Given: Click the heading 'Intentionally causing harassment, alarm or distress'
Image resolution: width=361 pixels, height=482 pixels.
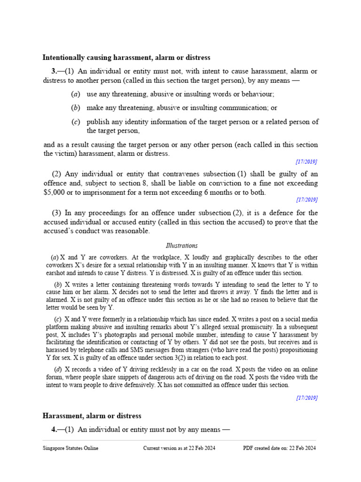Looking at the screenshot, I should point(126,57).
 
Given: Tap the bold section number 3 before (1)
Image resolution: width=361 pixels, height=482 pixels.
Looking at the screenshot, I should point(54,71).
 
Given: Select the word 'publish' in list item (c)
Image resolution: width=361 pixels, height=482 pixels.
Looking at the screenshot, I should point(98,122).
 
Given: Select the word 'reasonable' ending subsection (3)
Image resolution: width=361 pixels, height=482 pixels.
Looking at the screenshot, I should point(133,231).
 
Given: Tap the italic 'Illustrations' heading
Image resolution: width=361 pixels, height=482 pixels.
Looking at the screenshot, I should point(181,246).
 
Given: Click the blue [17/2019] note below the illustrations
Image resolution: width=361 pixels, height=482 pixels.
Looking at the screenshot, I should point(306,398).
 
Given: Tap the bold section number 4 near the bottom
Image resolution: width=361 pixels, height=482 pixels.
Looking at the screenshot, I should point(54,429).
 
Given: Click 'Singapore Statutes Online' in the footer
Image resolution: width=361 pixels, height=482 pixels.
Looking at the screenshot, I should point(71,449).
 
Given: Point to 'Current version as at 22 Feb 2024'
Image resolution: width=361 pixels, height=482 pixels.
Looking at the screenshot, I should point(179,449).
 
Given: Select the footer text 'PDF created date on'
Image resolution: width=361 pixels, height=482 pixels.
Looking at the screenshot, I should point(266,449).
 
